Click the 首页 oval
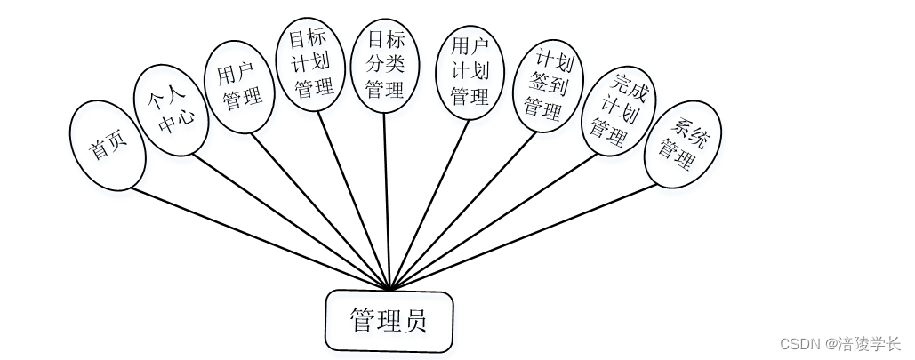point(107,145)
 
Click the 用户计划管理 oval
point(470,71)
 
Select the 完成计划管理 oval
point(617,111)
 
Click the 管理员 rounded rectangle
point(389,320)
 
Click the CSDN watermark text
point(839,343)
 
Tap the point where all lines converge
point(389,290)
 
